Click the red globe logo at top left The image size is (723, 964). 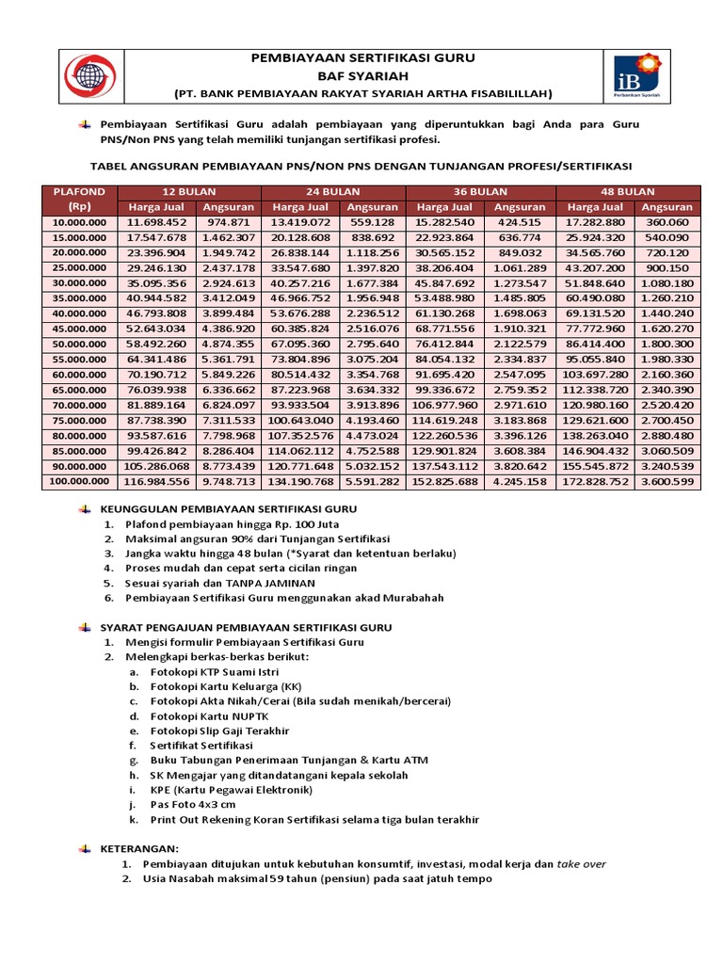click(x=89, y=75)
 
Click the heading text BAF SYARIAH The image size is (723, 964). click(x=362, y=75)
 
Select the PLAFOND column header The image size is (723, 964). click(x=80, y=199)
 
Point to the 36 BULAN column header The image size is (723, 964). click(x=481, y=191)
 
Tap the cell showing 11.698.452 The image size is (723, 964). click(x=162, y=222)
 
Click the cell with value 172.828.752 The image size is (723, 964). click(x=596, y=482)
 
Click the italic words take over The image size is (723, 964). click(x=582, y=864)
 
